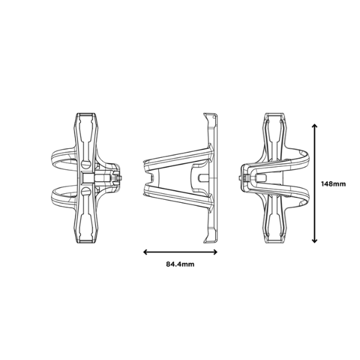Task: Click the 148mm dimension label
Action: coord(334,184)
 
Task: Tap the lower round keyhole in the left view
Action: coord(86,191)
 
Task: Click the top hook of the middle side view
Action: coord(209,115)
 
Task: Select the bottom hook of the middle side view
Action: coord(209,240)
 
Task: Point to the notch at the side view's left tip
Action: coord(144,178)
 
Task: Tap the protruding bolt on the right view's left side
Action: coord(243,178)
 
